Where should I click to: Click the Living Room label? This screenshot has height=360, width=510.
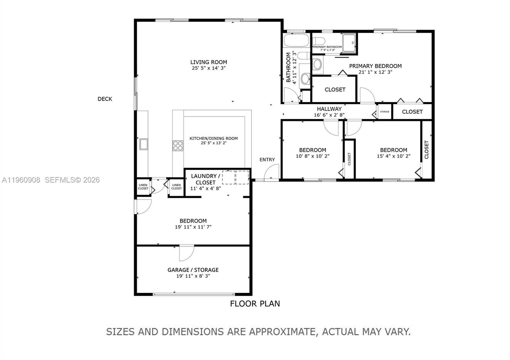[x=209, y=62]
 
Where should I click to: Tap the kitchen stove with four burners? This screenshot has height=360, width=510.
[x=178, y=146]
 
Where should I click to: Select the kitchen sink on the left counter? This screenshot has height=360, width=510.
[x=143, y=144]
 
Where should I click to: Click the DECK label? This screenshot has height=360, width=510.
[x=105, y=99]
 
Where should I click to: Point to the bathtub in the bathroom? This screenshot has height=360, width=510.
[x=296, y=41]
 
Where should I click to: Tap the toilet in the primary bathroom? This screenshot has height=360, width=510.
[x=318, y=41]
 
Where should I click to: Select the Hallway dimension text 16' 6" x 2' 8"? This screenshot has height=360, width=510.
[x=329, y=115]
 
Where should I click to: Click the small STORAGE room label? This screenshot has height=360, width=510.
[x=384, y=112]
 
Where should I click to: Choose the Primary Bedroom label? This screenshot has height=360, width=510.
[x=375, y=66]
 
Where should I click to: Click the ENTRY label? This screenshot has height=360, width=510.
[x=267, y=160]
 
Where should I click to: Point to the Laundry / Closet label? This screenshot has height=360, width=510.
[x=206, y=179]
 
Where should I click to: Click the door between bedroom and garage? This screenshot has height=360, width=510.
[x=186, y=253]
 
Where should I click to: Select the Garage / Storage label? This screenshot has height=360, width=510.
[x=193, y=270]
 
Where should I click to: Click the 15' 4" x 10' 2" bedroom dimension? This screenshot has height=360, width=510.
[x=393, y=156]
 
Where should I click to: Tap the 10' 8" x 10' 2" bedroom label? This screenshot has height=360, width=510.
[x=312, y=150]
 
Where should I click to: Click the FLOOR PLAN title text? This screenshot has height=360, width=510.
[x=255, y=304]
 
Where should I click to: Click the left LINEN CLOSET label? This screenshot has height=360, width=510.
[x=143, y=187]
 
